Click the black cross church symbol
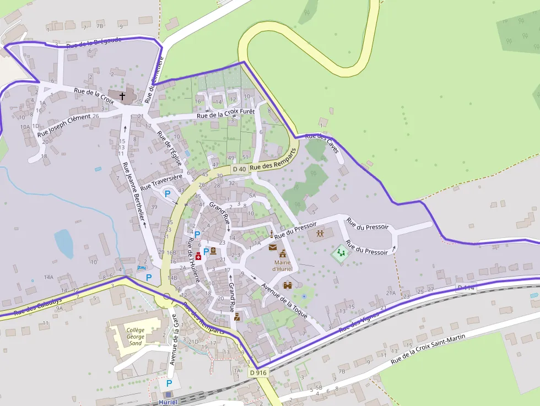point(122,96)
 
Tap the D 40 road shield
point(239,169)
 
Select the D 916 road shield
point(258,373)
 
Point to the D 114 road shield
point(466,288)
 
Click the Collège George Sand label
point(136,336)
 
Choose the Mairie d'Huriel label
point(283,266)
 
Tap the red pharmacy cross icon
point(198,257)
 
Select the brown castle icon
point(288,285)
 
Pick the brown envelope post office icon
point(273,247)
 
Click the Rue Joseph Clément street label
point(64,126)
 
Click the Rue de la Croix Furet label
point(225,114)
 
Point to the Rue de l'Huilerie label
point(193,260)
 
